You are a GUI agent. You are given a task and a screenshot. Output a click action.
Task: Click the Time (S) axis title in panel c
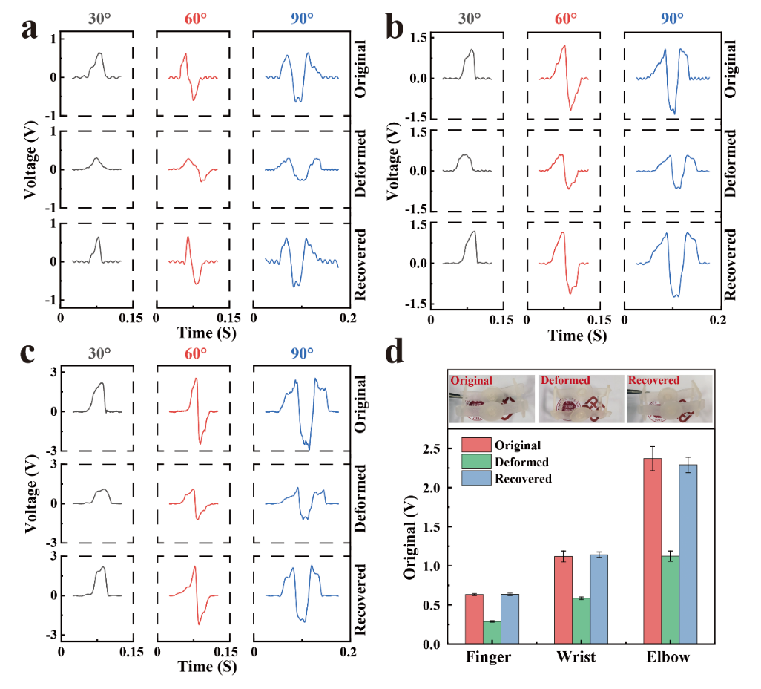[x=207, y=667]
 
